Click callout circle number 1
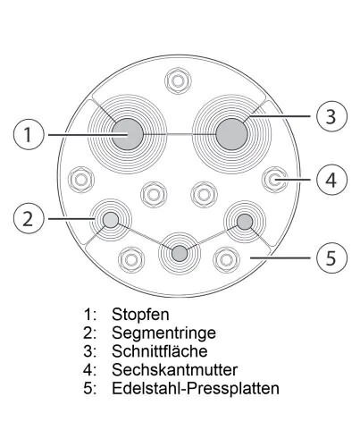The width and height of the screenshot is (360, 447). (x=29, y=135)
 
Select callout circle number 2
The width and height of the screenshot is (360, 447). (x=29, y=219)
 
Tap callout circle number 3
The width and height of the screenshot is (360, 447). (x=331, y=115)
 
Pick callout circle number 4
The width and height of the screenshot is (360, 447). (x=331, y=180)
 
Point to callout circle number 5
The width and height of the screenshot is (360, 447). (x=331, y=257)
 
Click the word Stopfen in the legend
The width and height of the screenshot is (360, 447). (x=140, y=315)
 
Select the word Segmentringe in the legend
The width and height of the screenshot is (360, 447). (x=163, y=333)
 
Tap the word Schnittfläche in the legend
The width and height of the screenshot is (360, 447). (x=160, y=351)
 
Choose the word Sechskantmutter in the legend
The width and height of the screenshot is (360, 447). (x=174, y=369)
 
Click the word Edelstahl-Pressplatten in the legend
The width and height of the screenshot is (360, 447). (x=196, y=388)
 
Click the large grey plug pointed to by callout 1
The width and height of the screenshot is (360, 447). (x=128, y=134)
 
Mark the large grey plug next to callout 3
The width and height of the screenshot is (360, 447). (x=231, y=134)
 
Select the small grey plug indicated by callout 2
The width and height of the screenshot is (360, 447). (x=111, y=220)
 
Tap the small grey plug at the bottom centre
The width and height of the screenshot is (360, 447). (x=180, y=254)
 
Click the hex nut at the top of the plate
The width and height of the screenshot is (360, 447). (x=178, y=81)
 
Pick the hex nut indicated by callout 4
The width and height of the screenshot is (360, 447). (x=275, y=180)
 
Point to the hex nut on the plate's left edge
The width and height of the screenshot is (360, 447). (x=81, y=180)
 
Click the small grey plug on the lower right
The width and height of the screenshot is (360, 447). (x=245, y=222)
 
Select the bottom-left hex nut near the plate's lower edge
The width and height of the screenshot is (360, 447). (x=131, y=259)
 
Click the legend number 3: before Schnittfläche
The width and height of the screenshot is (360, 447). (x=89, y=351)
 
